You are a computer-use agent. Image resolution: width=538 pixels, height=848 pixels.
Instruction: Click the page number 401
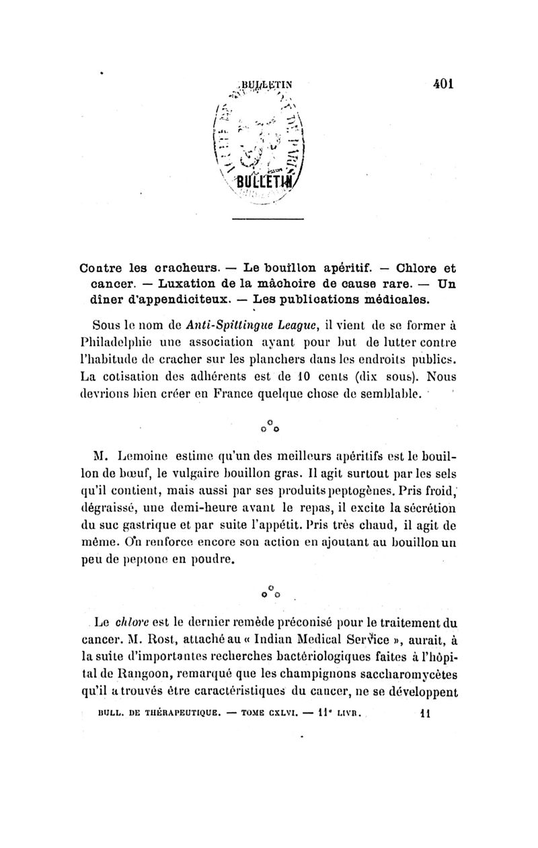pos(444,85)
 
